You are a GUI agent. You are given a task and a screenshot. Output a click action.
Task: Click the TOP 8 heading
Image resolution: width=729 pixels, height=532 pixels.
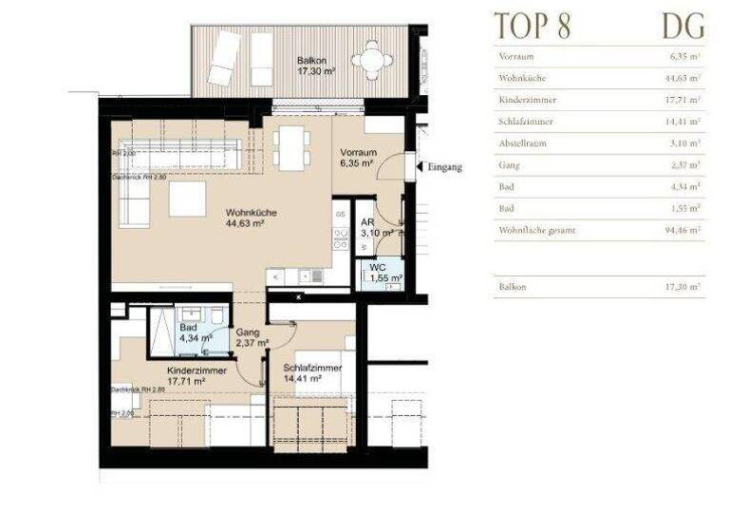[x=533, y=26]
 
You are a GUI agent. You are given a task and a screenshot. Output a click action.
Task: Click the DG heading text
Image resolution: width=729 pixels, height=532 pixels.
[x=682, y=26]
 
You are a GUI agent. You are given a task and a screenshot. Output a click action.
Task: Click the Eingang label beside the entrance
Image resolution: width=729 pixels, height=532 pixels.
[x=445, y=167]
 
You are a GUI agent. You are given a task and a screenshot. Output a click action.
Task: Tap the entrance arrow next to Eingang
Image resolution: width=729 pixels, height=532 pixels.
[x=418, y=167]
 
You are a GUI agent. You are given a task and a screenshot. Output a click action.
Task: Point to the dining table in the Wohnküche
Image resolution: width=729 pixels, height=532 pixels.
[x=289, y=148]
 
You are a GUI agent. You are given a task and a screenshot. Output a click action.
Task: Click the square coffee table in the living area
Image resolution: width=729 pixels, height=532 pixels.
[x=187, y=199]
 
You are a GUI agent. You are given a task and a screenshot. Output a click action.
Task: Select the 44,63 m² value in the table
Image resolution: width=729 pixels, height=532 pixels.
[x=682, y=78]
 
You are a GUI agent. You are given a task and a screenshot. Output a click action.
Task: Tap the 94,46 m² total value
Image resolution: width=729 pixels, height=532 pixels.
[x=682, y=230]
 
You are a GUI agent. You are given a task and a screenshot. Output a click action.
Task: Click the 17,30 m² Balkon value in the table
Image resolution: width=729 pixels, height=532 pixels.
[x=682, y=286]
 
